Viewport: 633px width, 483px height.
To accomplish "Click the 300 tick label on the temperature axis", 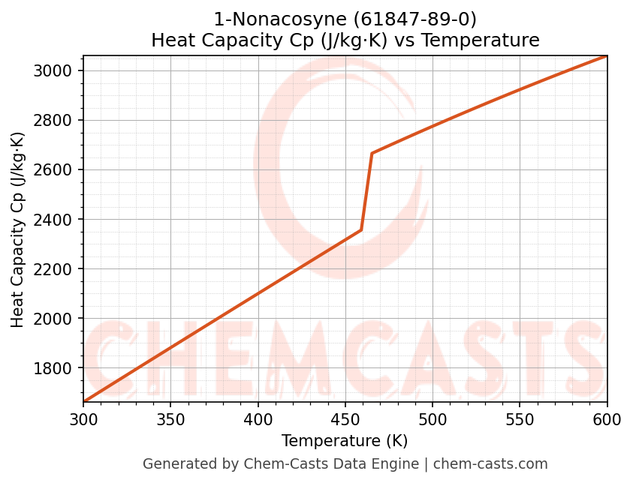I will pyautogui.click(x=83, y=419).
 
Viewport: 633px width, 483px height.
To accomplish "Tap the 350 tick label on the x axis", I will pyautogui.click(x=170, y=419).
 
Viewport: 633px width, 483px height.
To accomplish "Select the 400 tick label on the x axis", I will pyautogui.click(x=258, y=419).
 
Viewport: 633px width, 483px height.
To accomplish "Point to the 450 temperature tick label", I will pyautogui.click(x=345, y=419).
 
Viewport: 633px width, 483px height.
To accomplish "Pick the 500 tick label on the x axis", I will pyautogui.click(x=433, y=419).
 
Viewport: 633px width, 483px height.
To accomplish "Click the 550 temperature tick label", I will pyautogui.click(x=520, y=419).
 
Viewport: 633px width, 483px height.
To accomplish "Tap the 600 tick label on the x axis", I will pyautogui.click(x=607, y=419).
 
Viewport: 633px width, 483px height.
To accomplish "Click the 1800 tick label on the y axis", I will pyautogui.click(x=59, y=368).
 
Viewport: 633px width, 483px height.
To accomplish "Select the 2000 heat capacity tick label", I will pyautogui.click(x=59, y=319).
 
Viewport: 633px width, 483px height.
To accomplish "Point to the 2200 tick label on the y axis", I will pyautogui.click(x=59, y=269).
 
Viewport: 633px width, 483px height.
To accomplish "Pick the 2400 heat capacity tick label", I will pyautogui.click(x=59, y=220).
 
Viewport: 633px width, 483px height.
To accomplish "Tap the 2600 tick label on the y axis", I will pyautogui.click(x=59, y=170).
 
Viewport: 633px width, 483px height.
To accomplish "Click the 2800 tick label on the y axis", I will pyautogui.click(x=59, y=121).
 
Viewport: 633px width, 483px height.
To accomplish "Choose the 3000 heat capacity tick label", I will pyautogui.click(x=59, y=71).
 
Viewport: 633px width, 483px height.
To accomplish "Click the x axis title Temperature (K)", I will pyautogui.click(x=345, y=441).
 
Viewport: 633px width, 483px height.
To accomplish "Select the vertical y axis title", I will pyautogui.click(x=18, y=229).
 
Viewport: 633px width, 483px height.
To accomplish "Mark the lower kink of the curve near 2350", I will pyautogui.click(x=361, y=230).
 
